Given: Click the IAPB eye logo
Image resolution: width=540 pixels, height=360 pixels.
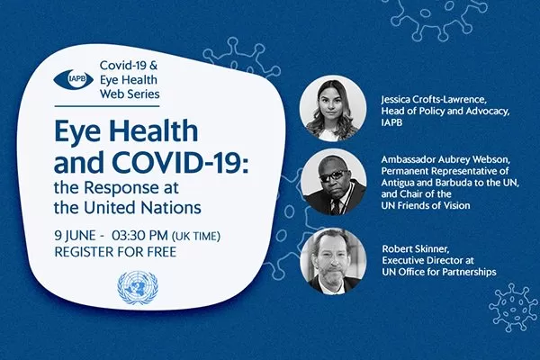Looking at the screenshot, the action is pos(74,79).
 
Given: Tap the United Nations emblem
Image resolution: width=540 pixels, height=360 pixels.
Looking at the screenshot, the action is pos(138,288).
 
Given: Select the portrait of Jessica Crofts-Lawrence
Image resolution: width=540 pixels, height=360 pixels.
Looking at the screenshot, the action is pos(333,108).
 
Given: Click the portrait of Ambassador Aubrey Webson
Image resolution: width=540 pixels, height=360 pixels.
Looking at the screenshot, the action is pos(333,182).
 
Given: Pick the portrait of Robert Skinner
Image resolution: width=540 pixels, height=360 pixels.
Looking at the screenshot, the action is pos(333,261).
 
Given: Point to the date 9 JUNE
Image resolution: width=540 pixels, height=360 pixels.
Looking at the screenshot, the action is pos(75,236).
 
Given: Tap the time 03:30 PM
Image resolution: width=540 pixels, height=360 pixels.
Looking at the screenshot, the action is pos(139,236).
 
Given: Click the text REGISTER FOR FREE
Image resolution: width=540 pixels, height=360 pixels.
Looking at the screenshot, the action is pos(115,252).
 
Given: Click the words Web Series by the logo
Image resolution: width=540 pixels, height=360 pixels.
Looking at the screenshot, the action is pos(130,94).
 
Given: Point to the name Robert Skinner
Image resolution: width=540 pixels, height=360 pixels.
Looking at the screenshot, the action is pos(416,248).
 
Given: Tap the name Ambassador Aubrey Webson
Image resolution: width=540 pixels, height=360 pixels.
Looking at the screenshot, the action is pos(446,160).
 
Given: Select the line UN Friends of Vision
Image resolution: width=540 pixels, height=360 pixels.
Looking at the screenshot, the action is pos(426,205).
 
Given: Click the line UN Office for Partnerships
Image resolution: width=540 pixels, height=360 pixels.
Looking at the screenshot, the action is pos(439,272).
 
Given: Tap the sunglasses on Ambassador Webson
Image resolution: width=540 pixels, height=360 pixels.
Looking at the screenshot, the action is pos(333,175).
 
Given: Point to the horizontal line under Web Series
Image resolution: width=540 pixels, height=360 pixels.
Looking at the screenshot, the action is pos(107,106).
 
